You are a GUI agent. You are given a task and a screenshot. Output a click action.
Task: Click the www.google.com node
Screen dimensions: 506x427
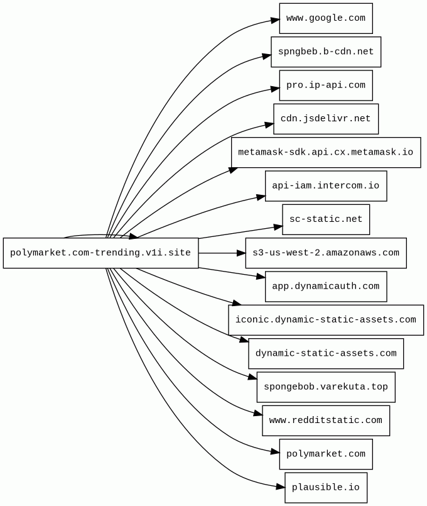325,18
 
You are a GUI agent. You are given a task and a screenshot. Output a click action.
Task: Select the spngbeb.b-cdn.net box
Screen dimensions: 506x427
325,52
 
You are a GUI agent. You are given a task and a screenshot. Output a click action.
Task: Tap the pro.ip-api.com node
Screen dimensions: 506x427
325,85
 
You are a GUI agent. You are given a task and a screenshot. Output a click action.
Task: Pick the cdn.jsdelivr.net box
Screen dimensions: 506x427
325,118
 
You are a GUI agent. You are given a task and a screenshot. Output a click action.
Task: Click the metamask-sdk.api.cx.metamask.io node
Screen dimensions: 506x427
325,152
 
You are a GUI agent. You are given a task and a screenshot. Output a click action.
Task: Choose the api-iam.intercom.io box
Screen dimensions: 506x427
325,185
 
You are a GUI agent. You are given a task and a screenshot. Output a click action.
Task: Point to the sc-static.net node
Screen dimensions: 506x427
325,219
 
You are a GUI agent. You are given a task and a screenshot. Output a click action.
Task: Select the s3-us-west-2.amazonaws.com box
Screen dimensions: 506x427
325,253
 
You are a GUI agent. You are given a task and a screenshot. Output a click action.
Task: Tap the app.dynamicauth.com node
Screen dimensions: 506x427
325,286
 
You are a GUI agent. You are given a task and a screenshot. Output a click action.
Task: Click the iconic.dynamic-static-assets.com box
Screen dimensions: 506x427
325,319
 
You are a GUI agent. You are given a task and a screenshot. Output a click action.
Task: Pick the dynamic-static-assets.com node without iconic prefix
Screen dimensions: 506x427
325,353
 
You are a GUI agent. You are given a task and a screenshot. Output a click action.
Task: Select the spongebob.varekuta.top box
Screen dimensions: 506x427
325,387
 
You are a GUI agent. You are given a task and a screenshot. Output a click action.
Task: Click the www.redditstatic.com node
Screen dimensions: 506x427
325,420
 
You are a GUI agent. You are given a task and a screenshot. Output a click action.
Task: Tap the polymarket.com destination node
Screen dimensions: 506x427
325,454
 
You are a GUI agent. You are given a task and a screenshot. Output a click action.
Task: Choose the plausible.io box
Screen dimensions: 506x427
325,487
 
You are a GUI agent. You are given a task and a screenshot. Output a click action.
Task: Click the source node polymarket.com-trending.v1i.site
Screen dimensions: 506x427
100,253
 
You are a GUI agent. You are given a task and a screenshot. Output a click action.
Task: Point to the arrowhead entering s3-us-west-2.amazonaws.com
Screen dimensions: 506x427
241,253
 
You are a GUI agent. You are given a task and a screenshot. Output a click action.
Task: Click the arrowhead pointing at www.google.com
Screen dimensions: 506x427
275,21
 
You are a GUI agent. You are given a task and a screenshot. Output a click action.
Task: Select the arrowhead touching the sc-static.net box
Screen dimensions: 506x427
278,225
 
